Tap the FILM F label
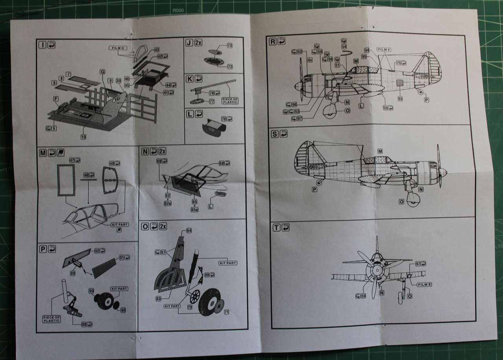point(383,49)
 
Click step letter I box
point(43,44)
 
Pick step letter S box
point(275,133)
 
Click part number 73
point(229,46)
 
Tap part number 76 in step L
point(224,119)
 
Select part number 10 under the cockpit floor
point(84,137)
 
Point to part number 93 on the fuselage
point(400,99)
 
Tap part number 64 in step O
point(189,230)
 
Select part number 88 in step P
point(84,324)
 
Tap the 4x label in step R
point(310,60)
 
